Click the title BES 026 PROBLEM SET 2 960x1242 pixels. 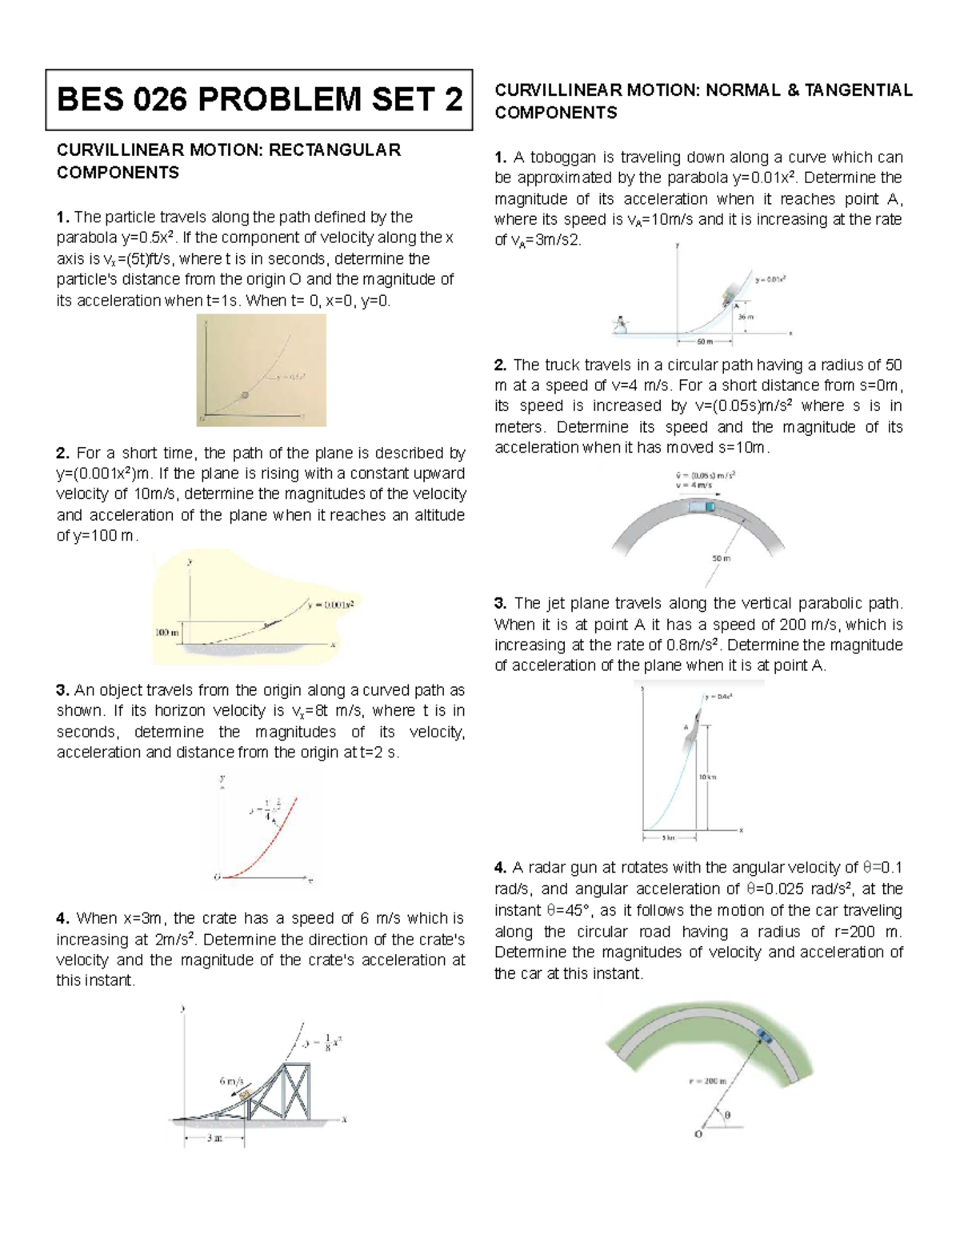coord(259,100)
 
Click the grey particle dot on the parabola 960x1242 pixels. coord(246,395)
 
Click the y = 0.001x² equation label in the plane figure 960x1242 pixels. coord(330,605)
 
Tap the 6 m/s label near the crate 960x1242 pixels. coord(232,1080)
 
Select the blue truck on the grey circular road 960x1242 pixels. coord(703,505)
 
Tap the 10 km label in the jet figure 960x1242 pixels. coord(708,777)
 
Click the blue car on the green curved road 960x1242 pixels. coord(764,1036)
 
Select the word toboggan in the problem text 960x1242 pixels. coord(548,157)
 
